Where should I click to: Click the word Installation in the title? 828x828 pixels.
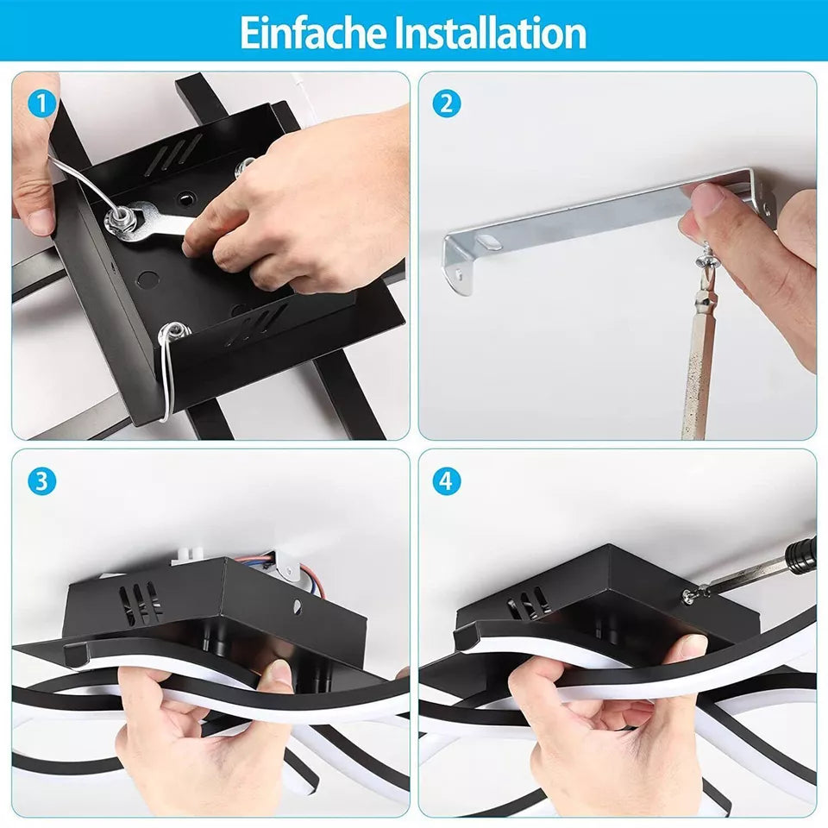[x=491, y=33]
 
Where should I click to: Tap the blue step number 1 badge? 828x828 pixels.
[x=41, y=103]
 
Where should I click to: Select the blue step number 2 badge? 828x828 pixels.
[x=446, y=103]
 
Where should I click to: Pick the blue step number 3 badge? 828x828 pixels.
[x=41, y=481]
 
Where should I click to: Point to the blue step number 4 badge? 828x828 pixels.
[x=446, y=481]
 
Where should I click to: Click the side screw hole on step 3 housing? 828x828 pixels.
[x=298, y=605]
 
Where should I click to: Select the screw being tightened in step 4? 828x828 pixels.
[x=688, y=596]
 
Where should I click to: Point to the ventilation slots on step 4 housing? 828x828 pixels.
[x=529, y=603]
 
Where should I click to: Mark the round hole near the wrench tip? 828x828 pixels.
[x=185, y=199]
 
